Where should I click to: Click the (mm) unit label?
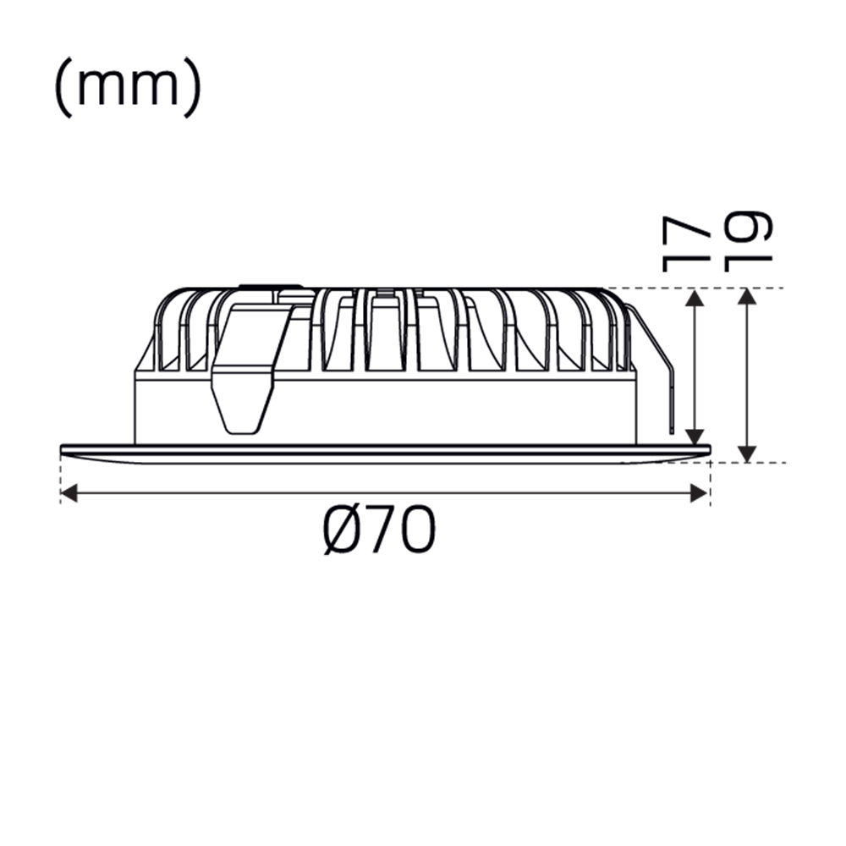[129, 86]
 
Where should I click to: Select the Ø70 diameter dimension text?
[379, 530]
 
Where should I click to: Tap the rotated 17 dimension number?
[684, 244]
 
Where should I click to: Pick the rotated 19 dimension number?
[747, 241]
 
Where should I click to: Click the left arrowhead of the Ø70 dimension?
[69, 493]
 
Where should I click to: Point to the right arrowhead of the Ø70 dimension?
[700, 493]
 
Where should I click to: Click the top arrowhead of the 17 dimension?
[695, 298]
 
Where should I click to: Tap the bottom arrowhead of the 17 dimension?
[695, 437]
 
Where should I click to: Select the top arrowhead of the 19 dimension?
[747, 297]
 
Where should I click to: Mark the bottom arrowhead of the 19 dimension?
[747, 453]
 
